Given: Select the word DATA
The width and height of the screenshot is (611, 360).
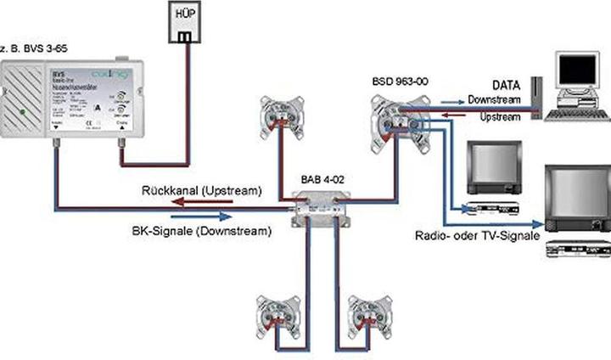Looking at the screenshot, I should (x=507, y=86).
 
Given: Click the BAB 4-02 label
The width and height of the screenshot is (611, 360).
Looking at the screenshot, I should (x=323, y=180).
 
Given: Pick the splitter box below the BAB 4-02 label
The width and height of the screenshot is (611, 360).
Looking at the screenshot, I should (x=321, y=206).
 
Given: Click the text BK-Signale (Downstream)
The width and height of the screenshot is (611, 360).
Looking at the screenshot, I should (x=202, y=230).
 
